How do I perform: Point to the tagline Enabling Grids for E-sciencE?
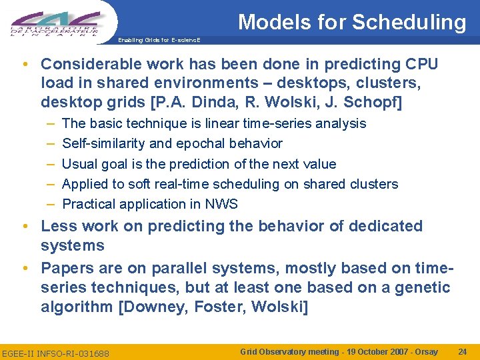coord(158,40)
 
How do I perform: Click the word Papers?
coord(67,269)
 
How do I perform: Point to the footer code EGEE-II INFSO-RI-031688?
coord(55,353)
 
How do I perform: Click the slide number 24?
coord(462,351)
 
